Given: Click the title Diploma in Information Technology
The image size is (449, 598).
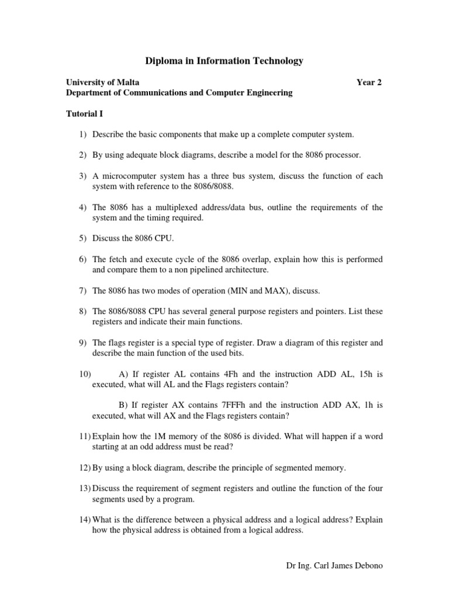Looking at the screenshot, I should [x=224, y=61].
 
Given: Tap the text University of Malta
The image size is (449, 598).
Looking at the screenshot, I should [x=102, y=82].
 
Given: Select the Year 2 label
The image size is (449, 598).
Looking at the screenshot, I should [x=369, y=82].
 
